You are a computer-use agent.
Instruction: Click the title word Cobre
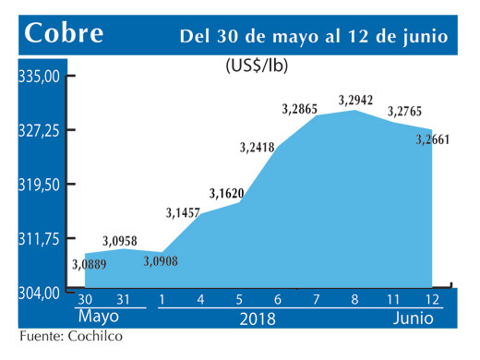(x=64, y=35)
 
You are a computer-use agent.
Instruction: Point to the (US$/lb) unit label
(x=255, y=66)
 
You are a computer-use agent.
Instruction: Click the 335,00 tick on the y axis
(x=41, y=76)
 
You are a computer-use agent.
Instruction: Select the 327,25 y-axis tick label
(x=41, y=130)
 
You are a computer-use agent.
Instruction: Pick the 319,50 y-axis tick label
(x=41, y=185)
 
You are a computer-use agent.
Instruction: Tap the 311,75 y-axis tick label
(x=41, y=239)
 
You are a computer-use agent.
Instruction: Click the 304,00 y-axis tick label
(x=41, y=294)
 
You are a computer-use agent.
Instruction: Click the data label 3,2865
(x=304, y=109)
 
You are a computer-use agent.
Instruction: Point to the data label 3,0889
(x=89, y=265)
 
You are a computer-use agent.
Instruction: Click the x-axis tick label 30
(x=85, y=299)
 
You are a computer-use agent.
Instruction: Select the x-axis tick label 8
(x=354, y=299)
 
